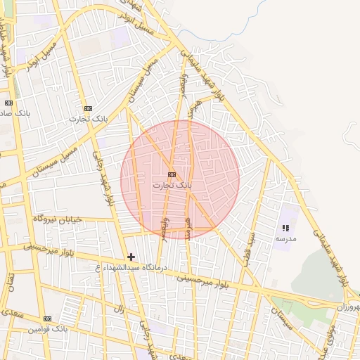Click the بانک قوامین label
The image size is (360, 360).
click(x=48, y=329)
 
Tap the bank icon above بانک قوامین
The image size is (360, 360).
click(x=48, y=319)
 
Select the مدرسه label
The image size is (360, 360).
click(x=285, y=239)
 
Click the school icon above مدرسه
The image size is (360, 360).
click(x=285, y=229)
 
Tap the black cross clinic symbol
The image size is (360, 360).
click(x=131, y=257)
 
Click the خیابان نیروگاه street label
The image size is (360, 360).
click(x=58, y=219)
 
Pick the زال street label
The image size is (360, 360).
click(x=118, y=309)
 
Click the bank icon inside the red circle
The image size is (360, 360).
click(x=172, y=174)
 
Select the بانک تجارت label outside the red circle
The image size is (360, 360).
click(x=86, y=119)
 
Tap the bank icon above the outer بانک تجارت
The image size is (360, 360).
click(x=88, y=108)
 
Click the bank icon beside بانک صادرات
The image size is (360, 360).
click(x=8, y=103)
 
